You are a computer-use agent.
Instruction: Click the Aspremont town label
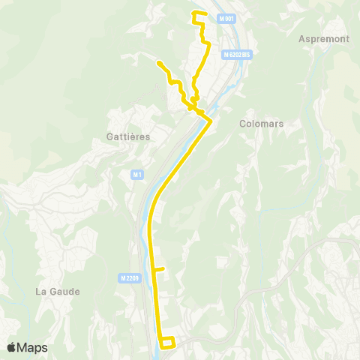coord(324,38)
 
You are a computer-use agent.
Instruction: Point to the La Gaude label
coord(58,291)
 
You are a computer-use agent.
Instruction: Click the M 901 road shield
coord(226,18)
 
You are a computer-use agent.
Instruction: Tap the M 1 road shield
coord(136,175)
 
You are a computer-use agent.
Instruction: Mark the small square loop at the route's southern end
coord(168,342)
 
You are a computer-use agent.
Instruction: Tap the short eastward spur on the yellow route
coord(160,268)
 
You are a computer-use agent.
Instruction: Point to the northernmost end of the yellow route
coord(194,13)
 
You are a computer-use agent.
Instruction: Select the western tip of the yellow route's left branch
coord(158,62)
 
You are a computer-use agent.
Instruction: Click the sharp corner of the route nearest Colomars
coord(211,120)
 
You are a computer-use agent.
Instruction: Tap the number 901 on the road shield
coord(229,18)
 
